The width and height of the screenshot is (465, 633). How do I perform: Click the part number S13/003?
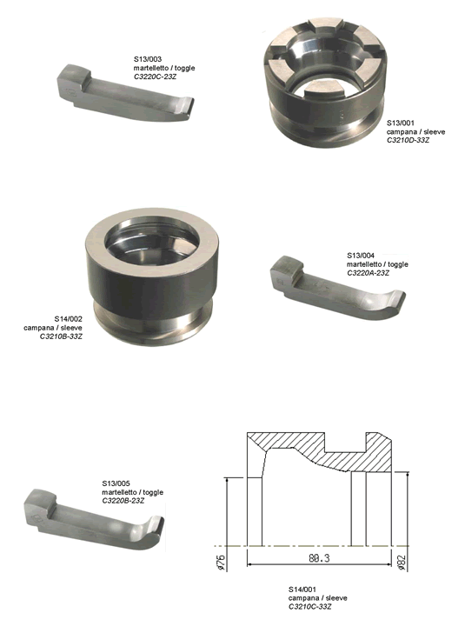pos(148,59)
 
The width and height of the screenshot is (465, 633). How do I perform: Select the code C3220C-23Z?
pos(155,77)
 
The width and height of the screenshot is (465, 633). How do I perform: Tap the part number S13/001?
pos(401,123)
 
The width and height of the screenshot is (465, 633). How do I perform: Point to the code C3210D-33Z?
pos(409,141)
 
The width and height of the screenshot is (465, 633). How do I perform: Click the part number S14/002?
pos(68,319)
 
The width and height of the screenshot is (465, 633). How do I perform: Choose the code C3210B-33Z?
pos(61,336)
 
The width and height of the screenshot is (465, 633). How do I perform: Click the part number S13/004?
pos(361,255)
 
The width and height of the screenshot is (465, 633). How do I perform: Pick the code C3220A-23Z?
pos(369,273)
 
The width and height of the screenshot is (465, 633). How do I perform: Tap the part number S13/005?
pos(116,483)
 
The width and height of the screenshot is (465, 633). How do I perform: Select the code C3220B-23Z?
pos(123,501)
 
